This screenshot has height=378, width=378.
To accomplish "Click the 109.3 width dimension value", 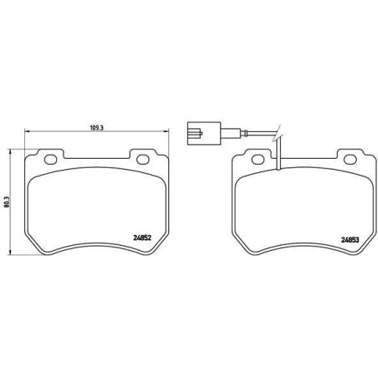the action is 97,128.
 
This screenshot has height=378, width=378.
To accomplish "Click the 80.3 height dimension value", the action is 7,202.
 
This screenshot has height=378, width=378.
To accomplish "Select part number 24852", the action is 142,238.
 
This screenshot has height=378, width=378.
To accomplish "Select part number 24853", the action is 350,239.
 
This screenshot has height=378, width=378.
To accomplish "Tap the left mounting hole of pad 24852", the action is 51,159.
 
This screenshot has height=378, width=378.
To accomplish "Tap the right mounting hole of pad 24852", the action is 143,159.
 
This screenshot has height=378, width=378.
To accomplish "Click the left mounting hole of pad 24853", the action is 258,159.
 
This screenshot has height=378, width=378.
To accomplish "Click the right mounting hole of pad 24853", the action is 350,159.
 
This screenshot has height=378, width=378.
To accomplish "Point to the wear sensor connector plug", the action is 204,133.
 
